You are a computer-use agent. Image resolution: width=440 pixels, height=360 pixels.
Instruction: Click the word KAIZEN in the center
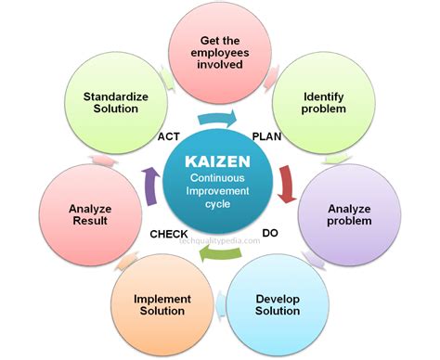coord(217,160)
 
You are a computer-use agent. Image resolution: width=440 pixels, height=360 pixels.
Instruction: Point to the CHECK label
coord(170,235)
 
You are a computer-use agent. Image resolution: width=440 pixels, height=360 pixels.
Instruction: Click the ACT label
coord(168,136)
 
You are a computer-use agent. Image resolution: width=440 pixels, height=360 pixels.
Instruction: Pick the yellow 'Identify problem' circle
coord(325,104)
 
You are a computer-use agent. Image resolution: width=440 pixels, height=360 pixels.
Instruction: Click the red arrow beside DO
coord(289,181)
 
